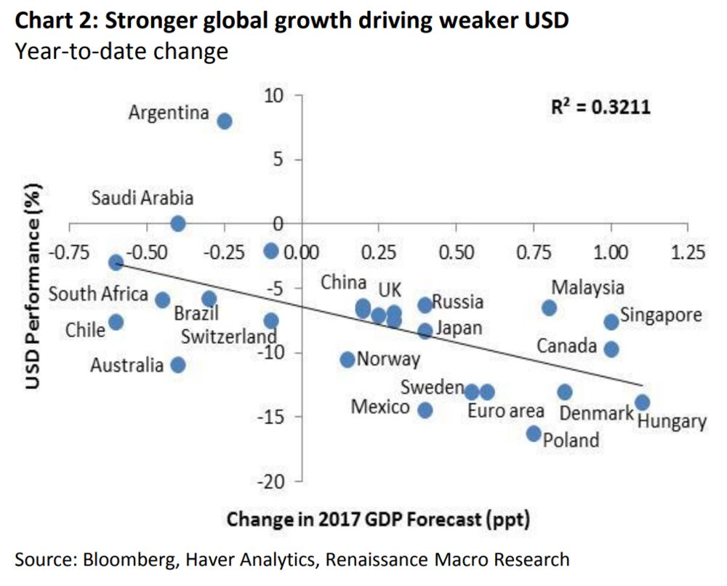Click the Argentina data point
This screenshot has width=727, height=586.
tap(225, 121)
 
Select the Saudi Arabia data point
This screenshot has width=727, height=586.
tap(177, 223)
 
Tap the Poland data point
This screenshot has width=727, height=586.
tap(534, 433)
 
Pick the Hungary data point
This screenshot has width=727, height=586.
tap(642, 402)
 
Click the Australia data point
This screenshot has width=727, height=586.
tap(177, 364)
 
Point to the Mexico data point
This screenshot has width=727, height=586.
tap(425, 410)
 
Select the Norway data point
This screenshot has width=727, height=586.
tap(348, 359)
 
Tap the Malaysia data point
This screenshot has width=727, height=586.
tap(550, 308)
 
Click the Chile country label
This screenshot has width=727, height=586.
tap(85, 329)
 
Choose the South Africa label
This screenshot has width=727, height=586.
tap(98, 295)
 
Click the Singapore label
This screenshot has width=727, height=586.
tap(662, 316)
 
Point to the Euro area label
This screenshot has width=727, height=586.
tap(506, 412)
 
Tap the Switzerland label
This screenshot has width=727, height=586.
tap(229, 337)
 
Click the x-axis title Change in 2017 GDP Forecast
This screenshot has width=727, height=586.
tap(378, 520)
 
